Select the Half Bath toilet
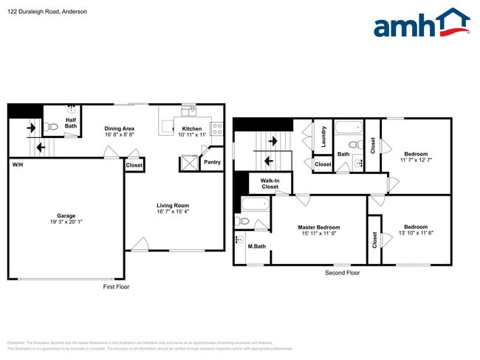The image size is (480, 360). tap(52, 127)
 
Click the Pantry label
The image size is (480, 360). tap(212, 162)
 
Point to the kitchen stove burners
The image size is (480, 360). tap(217, 129)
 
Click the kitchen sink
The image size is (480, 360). tap(188, 111)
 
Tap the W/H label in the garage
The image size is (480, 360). tap(17, 165)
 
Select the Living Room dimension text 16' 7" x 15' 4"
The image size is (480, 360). tap(173, 212)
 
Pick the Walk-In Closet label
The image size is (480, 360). tap(270, 184)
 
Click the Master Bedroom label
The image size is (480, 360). tap(319, 227)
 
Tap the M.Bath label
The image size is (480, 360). tap(256, 246)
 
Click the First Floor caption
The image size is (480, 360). tap(116, 287)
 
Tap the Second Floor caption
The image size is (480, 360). tap(342, 273)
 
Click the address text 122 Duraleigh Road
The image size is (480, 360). tap(34, 12)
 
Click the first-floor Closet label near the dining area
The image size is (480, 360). tap(134, 166)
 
